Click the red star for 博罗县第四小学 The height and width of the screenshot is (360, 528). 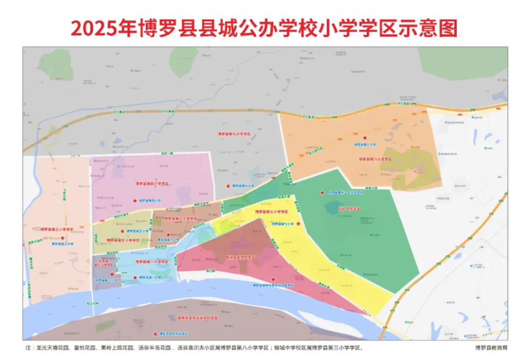[x=135, y=201]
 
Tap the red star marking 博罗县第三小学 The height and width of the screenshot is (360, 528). [x=63, y=238]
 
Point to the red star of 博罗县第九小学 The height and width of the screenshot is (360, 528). [x=229, y=186]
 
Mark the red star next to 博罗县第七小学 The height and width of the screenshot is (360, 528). [x=298, y=224]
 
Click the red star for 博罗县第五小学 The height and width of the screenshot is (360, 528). [x=123, y=231]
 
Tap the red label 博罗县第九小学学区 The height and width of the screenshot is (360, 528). [x=234, y=133]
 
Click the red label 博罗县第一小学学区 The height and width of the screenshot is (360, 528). [x=153, y=262]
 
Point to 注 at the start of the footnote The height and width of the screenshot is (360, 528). [x=28, y=346]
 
